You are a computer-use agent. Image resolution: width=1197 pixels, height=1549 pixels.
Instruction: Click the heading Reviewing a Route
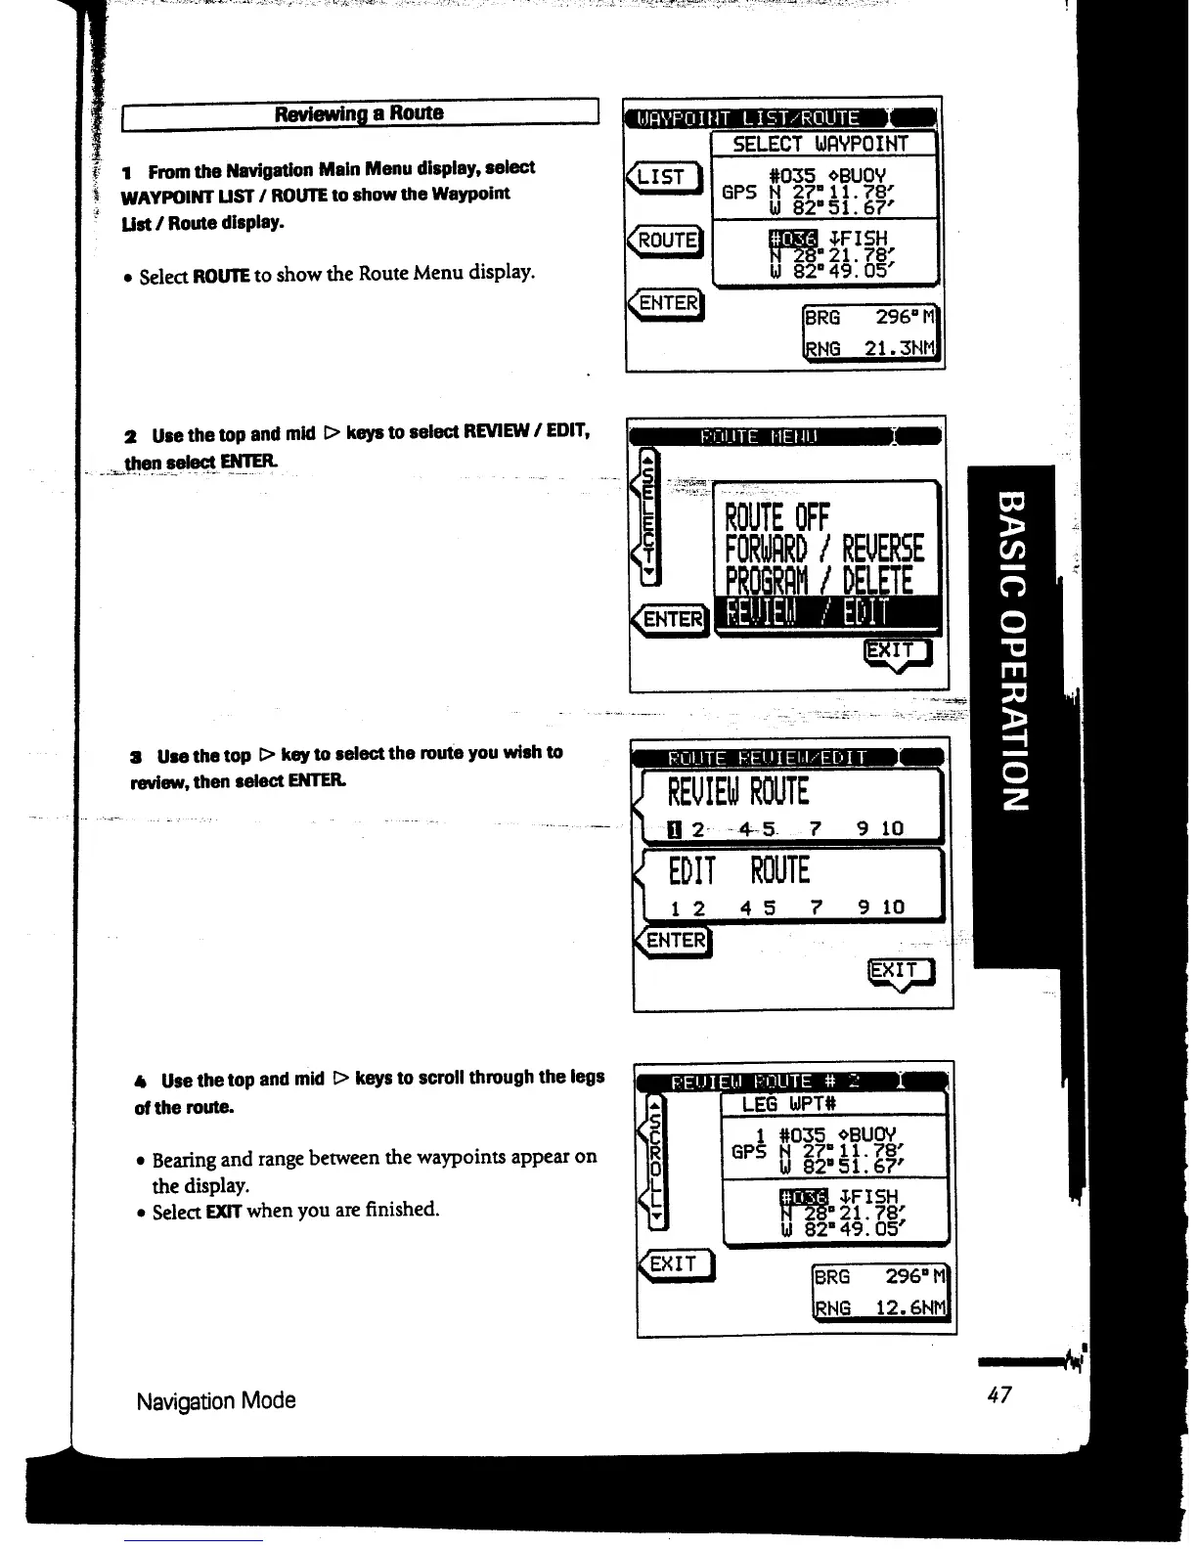click(x=359, y=113)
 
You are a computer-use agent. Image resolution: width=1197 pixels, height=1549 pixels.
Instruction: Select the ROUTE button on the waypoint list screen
click(x=668, y=241)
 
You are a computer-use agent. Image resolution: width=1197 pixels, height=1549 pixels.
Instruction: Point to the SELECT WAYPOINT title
click(x=820, y=145)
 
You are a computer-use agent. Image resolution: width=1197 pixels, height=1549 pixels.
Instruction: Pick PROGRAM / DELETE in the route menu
click(x=820, y=583)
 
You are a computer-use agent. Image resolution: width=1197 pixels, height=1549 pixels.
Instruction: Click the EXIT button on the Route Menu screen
click(x=898, y=652)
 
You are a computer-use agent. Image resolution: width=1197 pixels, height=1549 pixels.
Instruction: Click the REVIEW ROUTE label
click(x=738, y=791)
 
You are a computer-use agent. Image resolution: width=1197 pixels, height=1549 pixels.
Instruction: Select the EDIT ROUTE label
click(x=739, y=870)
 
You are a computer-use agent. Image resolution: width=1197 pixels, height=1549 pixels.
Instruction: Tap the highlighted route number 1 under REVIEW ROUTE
click(x=674, y=830)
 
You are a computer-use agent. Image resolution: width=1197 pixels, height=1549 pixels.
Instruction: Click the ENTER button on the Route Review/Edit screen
click(x=675, y=941)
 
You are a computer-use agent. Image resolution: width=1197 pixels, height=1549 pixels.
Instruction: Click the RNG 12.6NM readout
click(x=880, y=1308)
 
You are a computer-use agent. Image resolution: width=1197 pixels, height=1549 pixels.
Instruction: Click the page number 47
click(x=998, y=1395)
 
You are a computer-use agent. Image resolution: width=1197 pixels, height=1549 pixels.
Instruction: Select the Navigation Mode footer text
click(x=216, y=1401)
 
